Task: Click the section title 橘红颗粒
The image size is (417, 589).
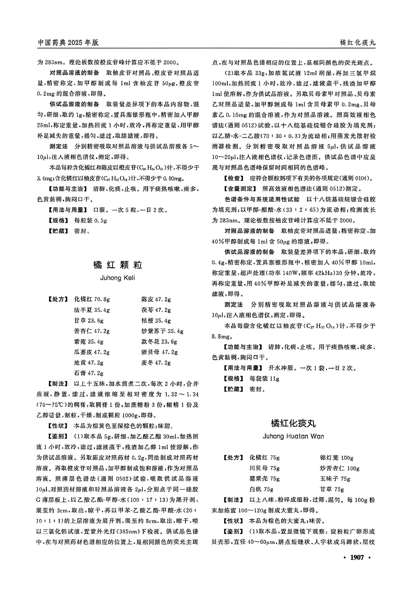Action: pyautogui.click(x=118, y=265)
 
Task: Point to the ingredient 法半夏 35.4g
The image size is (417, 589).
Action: pyautogui.click(x=92, y=310)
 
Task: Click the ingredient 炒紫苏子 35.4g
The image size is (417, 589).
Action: pyautogui.click(x=162, y=331)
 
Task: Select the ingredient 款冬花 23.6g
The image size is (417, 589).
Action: pyautogui.click(x=159, y=342)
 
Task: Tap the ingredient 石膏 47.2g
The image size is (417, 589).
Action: pyautogui.click(x=89, y=373)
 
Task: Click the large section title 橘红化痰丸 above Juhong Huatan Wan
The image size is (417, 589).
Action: pyautogui.click(x=293, y=423)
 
